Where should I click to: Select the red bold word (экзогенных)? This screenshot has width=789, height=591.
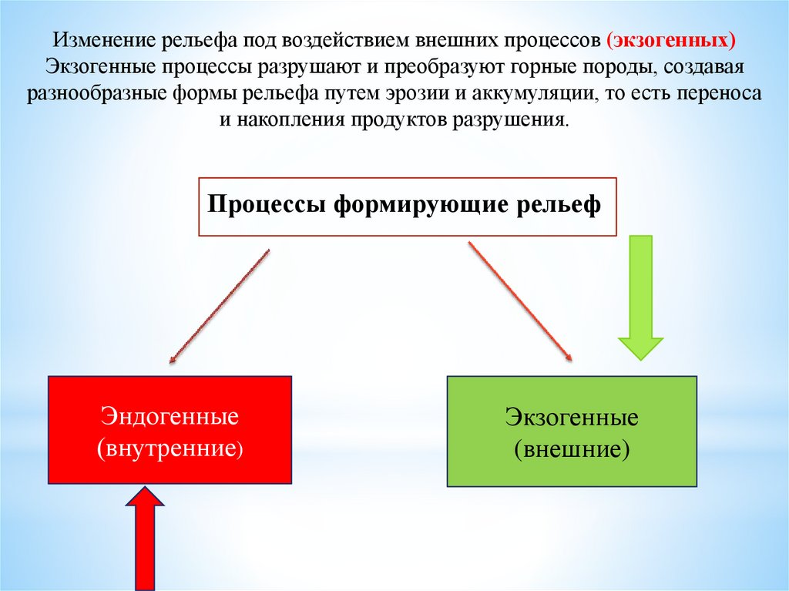[x=668, y=39]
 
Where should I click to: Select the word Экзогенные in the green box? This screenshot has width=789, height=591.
[x=572, y=418]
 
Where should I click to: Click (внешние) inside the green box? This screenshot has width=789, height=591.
[x=572, y=448]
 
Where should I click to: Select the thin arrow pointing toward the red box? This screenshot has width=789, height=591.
[x=219, y=305]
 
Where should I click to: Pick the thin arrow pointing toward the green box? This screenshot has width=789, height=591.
[x=520, y=301]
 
